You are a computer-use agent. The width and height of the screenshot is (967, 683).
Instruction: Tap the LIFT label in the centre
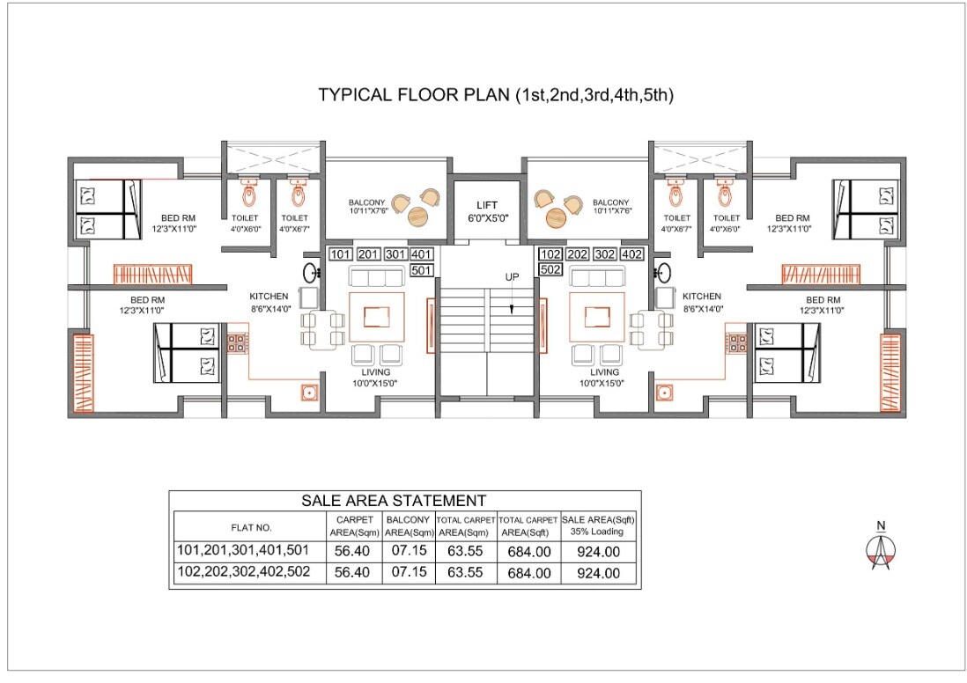click(x=487, y=205)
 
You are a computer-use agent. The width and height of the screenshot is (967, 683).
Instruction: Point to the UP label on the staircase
click(x=512, y=277)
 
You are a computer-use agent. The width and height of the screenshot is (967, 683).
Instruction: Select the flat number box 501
click(x=422, y=270)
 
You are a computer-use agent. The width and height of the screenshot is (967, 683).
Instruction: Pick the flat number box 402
click(x=631, y=254)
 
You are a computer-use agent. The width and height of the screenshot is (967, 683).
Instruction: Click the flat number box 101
click(x=340, y=254)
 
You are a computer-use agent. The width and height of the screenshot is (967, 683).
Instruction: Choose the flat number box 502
click(x=550, y=270)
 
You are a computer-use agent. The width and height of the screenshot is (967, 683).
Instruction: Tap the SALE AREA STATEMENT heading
click(x=393, y=501)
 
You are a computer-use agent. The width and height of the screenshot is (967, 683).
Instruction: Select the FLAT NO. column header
click(x=251, y=528)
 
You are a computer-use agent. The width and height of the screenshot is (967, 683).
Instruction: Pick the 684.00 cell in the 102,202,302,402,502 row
click(x=528, y=573)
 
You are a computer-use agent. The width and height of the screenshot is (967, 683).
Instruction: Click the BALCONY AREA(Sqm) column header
click(x=407, y=526)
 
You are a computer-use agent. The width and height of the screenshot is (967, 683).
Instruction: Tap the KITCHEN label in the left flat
click(x=269, y=297)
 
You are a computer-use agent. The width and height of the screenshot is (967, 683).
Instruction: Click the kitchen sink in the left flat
click(x=308, y=393)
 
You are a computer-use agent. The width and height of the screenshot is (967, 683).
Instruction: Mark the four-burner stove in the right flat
click(x=736, y=342)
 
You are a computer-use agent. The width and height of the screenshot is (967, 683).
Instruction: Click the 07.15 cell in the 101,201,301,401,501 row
click(x=407, y=551)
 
